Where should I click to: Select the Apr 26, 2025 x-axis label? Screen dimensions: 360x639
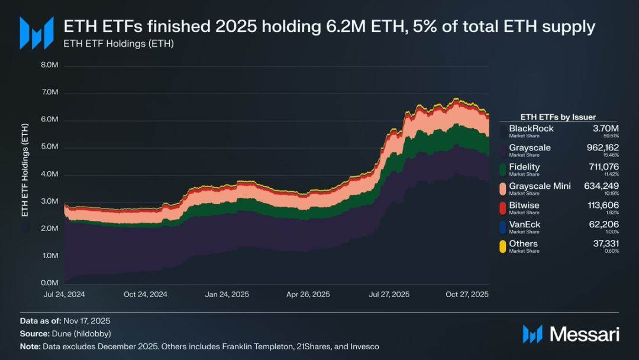tap(308, 294)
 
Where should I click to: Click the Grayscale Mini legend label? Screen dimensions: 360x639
tap(540, 186)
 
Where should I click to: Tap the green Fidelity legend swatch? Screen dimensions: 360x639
tap(503, 170)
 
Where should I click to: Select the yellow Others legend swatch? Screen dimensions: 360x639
tap(503, 246)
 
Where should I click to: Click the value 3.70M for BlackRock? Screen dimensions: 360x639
tap(606, 128)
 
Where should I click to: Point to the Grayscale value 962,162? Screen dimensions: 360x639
tap(602, 148)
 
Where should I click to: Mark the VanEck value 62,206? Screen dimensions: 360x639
tap(605, 224)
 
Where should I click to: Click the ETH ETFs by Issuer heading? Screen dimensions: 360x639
tap(557, 117)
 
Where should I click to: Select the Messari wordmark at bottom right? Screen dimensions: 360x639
tap(584, 335)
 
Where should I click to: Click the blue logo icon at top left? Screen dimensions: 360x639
tap(33, 33)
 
